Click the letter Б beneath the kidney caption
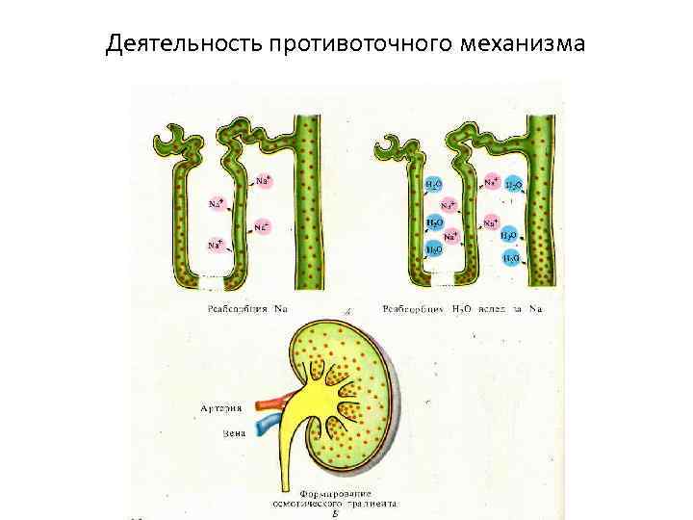click(x=335, y=514)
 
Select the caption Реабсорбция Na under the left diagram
click(x=247, y=309)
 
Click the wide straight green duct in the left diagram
click(x=309, y=202)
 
